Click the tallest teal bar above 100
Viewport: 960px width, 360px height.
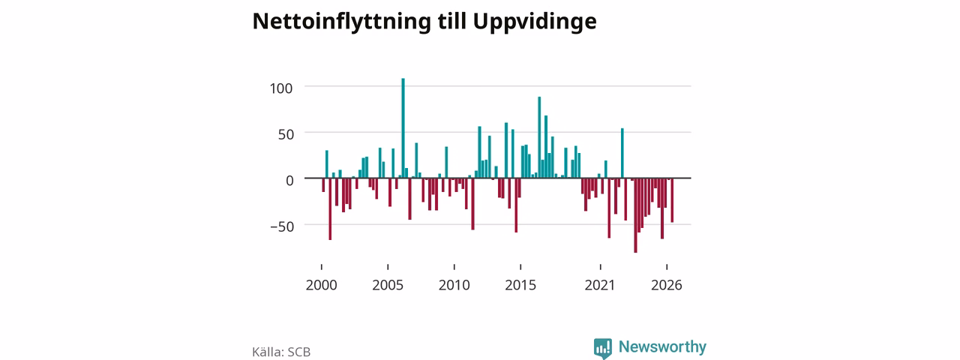[403, 128]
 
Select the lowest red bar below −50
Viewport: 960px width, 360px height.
[635, 215]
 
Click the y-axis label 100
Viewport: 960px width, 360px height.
[281, 88]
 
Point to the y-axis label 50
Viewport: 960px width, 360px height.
[286, 134]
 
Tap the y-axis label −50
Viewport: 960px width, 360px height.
[282, 226]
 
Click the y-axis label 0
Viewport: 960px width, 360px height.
[289, 181]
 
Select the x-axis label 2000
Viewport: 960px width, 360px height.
[322, 285]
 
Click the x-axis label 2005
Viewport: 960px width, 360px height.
[388, 285]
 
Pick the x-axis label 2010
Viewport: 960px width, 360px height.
[454, 285]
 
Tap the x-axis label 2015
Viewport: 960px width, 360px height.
[520, 285]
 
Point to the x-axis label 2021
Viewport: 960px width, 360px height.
[600, 285]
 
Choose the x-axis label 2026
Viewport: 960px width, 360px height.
[667, 285]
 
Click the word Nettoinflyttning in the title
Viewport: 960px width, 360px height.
[341, 22]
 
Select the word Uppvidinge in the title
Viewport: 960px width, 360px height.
[535, 22]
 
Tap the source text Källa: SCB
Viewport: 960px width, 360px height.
[281, 352]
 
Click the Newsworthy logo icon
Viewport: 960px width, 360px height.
[602, 348]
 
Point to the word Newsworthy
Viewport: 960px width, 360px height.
[662, 346]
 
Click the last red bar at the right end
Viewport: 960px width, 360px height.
[672, 200]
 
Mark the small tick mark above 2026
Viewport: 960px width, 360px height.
[667, 267]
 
